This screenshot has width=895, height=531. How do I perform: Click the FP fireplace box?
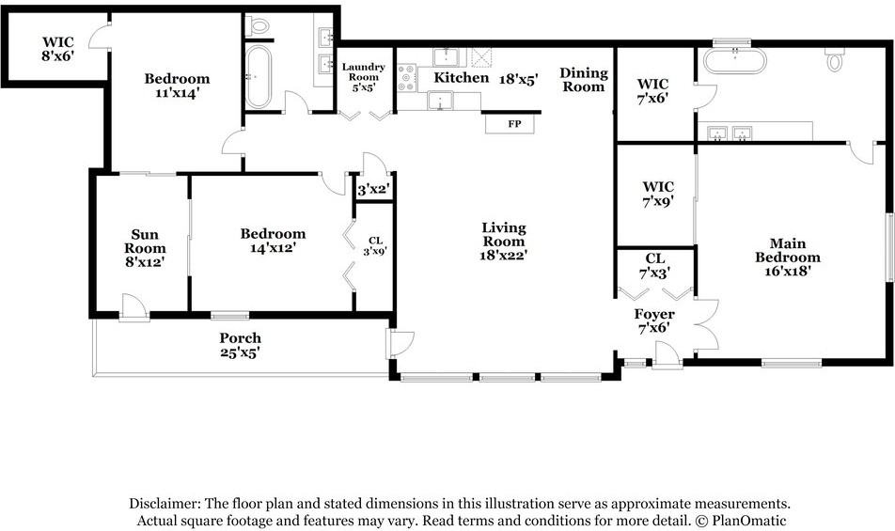click(510, 124)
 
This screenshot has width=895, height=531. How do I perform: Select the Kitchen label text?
click(462, 78)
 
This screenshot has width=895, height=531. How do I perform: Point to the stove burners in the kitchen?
click(406, 78)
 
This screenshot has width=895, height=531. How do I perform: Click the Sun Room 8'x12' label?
click(145, 248)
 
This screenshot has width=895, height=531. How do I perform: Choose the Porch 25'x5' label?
click(241, 345)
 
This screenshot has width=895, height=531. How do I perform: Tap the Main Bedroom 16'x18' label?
click(788, 257)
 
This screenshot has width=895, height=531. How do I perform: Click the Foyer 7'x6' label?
click(654, 320)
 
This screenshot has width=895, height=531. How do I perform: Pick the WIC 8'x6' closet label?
click(57, 49)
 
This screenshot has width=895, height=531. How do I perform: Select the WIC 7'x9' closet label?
click(658, 194)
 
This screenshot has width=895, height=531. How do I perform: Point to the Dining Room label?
click(583, 79)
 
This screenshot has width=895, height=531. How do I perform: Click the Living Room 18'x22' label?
click(503, 242)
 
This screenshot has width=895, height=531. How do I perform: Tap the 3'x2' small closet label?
click(373, 190)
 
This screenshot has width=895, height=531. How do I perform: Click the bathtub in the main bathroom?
click(734, 61)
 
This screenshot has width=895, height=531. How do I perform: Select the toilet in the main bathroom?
click(835, 59)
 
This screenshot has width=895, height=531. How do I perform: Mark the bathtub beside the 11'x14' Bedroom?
click(258, 77)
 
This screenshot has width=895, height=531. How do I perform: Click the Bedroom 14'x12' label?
click(273, 240)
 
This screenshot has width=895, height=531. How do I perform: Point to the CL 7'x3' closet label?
click(654, 266)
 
